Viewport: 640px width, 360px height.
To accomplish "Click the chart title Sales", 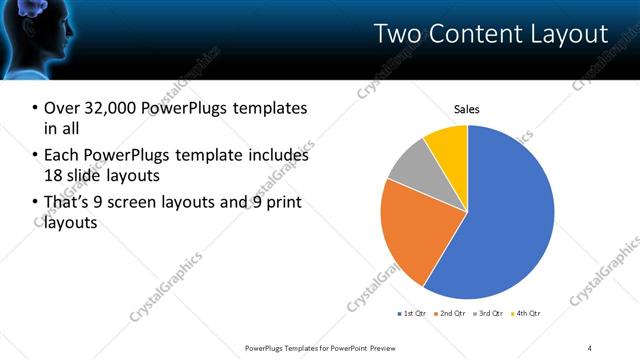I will [467, 108].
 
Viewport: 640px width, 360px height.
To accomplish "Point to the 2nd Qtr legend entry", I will [451, 314].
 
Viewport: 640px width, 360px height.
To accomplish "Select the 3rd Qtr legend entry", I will [488, 314].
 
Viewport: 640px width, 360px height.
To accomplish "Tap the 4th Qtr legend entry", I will [525, 314].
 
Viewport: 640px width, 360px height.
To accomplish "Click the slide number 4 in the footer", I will [590, 347].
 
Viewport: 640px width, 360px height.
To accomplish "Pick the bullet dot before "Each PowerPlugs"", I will [36, 155].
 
